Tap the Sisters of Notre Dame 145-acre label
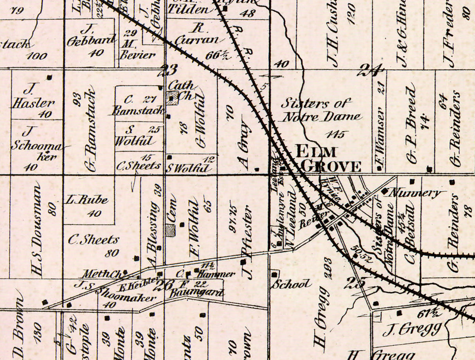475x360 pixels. click(x=321, y=110)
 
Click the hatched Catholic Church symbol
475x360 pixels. click(x=172, y=98)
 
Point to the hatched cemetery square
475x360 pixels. click(x=170, y=230)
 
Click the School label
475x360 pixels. click(x=292, y=284)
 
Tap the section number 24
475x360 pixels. click(x=369, y=71)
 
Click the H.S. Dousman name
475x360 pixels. click(x=38, y=231)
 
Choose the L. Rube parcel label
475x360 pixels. click(x=86, y=200)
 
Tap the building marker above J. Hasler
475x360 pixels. click(x=49, y=77)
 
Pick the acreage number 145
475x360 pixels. click(x=336, y=134)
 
